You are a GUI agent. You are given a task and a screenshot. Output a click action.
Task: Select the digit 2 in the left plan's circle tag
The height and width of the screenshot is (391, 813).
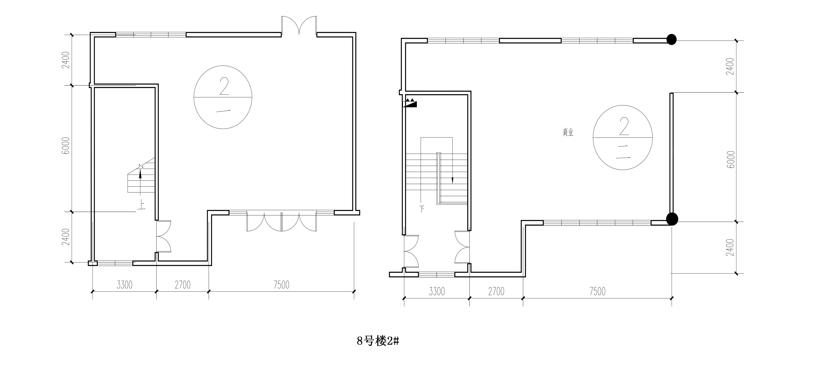tap(224, 86)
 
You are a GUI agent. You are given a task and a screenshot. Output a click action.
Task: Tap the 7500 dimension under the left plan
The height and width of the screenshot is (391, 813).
tap(282, 285)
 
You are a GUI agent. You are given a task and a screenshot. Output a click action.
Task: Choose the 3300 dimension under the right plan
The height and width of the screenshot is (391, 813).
tap(437, 291)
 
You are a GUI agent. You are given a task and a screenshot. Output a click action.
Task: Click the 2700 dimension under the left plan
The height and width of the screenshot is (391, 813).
tap(183, 285)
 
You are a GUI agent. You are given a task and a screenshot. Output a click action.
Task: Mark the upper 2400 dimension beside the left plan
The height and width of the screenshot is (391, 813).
tap(66, 60)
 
